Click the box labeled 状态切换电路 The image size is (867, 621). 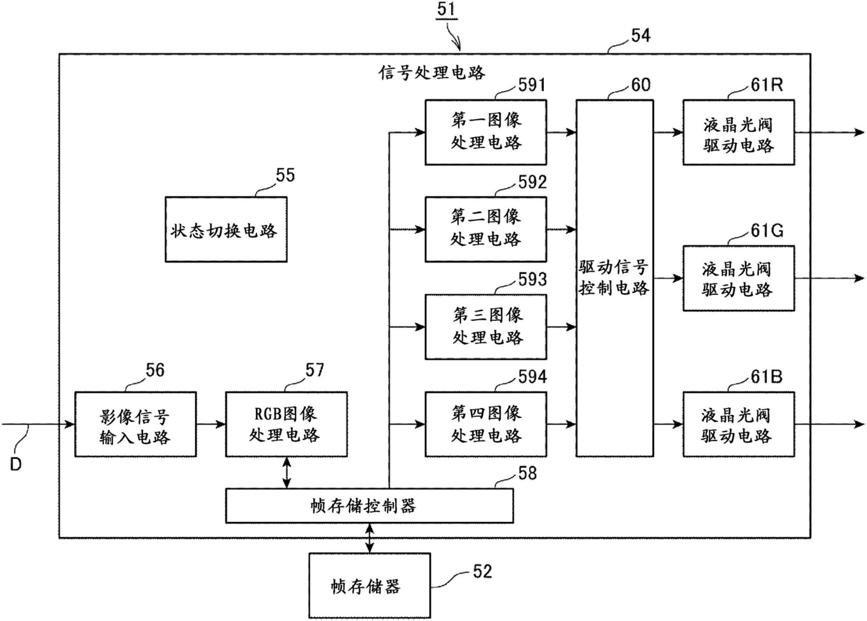[226, 230]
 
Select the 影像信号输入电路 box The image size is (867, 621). [135, 424]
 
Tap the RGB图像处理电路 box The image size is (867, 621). [286, 424]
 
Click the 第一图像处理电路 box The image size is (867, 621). [485, 132]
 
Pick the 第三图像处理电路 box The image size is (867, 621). [485, 327]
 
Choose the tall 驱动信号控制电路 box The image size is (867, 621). [614, 278]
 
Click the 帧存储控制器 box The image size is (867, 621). [369, 506]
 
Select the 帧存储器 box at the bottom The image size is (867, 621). [369, 585]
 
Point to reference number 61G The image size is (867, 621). [767, 231]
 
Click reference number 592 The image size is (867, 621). [532, 182]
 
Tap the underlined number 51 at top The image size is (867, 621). [447, 9]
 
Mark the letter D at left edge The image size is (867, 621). [16, 465]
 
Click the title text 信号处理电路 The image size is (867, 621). [432, 73]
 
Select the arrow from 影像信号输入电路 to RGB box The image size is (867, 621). [211, 424]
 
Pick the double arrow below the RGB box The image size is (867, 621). [286, 473]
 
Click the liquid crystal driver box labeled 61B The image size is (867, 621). [738, 424]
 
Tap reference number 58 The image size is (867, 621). [527, 474]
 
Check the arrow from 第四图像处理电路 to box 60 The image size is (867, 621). [561, 424]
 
